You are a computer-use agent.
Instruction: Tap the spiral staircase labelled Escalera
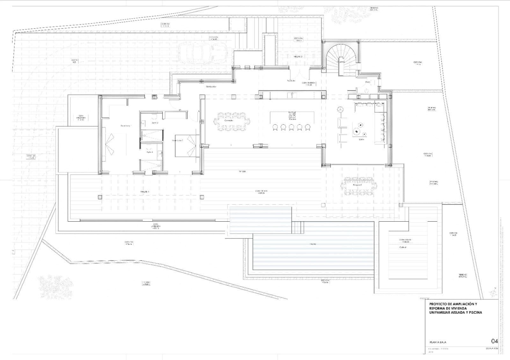coord(340,57)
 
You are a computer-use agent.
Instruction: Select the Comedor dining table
coord(232,121)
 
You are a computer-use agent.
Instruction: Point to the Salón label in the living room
coord(361,139)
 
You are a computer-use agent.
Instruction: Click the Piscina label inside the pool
coord(313,244)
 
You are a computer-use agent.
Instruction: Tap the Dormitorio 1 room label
coord(126,126)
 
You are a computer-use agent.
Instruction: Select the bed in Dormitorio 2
coord(187,146)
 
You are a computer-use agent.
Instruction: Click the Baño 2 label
coord(155,122)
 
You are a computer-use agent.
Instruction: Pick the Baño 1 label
coord(149,152)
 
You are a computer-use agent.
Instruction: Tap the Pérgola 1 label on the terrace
coord(145,192)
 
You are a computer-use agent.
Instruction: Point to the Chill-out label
coord(403,247)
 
